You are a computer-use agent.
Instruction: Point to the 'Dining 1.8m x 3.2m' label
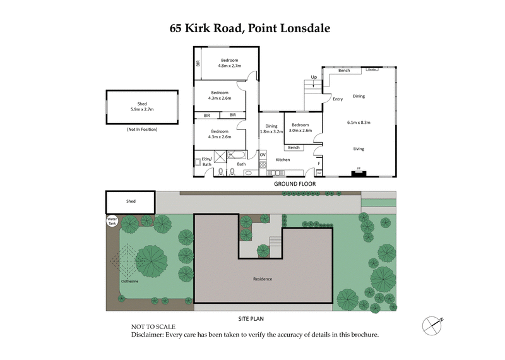click(271, 129)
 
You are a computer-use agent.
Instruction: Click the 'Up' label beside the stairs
click(313, 78)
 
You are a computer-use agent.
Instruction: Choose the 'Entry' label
click(338, 99)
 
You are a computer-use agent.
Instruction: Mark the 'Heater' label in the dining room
click(372, 70)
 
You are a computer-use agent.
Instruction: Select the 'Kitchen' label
click(283, 160)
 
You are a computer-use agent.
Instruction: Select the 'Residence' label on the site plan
click(263, 279)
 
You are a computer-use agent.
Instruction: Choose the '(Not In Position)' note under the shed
click(142, 129)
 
